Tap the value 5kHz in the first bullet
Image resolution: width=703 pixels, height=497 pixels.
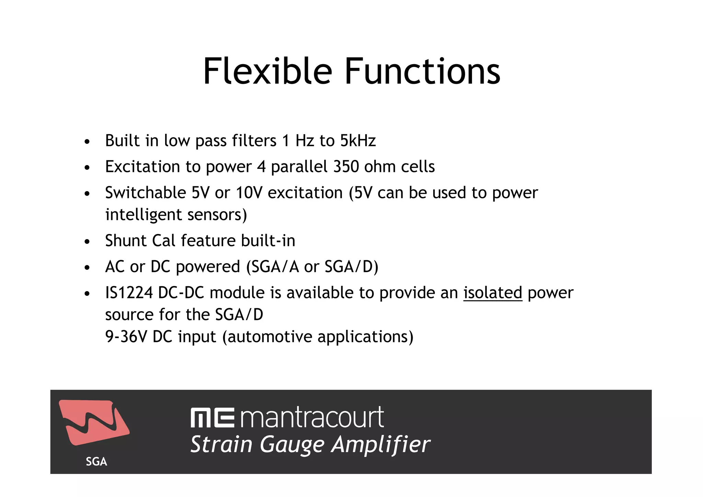358,141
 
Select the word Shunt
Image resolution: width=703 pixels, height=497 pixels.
126,241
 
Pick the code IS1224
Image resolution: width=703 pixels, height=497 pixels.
129,293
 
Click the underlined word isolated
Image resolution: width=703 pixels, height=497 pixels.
493,293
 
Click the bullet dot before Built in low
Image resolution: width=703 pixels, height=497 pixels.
87,142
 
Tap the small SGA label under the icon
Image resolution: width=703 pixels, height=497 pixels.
96,462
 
